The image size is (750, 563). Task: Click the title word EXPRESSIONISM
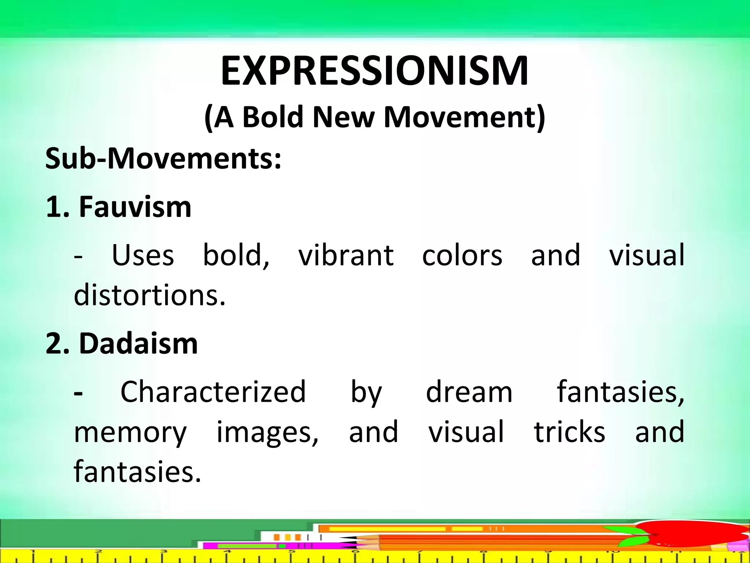tap(374, 71)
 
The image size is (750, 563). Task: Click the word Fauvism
tap(135, 207)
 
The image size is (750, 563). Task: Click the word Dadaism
tap(138, 343)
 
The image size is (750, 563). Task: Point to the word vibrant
tap(346, 255)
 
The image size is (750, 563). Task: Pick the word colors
tap(462, 255)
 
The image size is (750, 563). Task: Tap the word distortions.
tap(149, 295)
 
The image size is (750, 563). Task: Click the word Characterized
tap(213, 392)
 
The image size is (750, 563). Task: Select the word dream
tap(469, 392)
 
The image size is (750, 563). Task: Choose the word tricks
tap(569, 432)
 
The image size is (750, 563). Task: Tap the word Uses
tap(143, 255)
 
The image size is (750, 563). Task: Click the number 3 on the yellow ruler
tap(164, 552)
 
